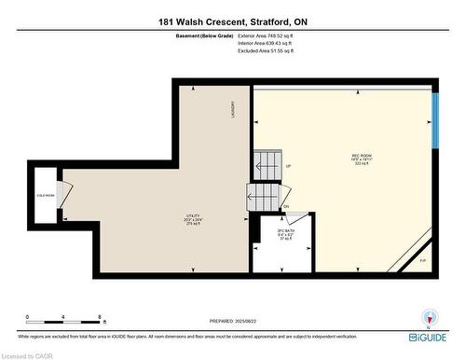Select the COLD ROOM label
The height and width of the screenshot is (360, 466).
pyautogui.click(x=46, y=195)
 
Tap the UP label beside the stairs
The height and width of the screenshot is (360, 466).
pyautogui.click(x=288, y=167)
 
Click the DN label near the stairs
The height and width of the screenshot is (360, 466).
pyautogui.click(x=285, y=206)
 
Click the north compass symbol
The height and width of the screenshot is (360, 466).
pyautogui.click(x=429, y=317)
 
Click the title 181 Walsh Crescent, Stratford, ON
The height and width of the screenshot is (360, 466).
pyautogui.click(x=233, y=22)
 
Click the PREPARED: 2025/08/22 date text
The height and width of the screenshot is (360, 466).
pyautogui.click(x=233, y=320)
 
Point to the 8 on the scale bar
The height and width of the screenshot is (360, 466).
pyautogui.click(x=99, y=317)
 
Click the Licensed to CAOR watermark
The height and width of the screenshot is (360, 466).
pyautogui.click(x=28, y=354)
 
